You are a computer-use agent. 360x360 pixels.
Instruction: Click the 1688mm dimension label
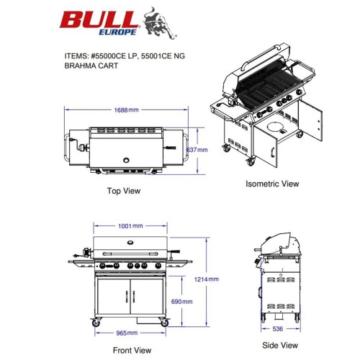pyautogui.click(x=126, y=110)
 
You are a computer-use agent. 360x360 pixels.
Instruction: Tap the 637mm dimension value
pyautogui.click(x=197, y=150)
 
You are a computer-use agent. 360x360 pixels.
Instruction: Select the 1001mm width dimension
pyautogui.click(x=130, y=226)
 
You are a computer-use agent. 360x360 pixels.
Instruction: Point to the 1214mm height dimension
pyautogui.click(x=207, y=279)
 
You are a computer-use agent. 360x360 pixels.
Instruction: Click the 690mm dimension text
pyautogui.click(x=181, y=302)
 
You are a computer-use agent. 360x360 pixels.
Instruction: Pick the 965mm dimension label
pyautogui.click(x=127, y=333)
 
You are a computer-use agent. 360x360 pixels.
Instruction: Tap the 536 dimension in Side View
pyautogui.click(x=278, y=329)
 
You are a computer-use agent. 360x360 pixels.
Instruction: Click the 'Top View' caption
pyautogui.click(x=124, y=191)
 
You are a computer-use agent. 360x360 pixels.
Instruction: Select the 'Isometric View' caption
pyautogui.click(x=272, y=184)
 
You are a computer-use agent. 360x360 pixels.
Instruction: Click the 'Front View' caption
pyautogui.click(x=132, y=350)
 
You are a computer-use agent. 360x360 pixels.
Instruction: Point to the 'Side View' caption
pyautogui.click(x=280, y=346)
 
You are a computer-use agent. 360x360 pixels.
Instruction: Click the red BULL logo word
pyautogui.click(x=99, y=19)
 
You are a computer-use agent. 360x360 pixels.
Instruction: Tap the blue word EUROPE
pyautogui.click(x=117, y=32)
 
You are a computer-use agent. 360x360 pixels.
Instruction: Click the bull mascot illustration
pyautogui.click(x=160, y=23)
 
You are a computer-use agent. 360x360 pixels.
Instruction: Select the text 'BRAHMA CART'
pyautogui.click(x=91, y=66)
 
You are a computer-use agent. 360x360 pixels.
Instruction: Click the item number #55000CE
pyautogui.click(x=109, y=56)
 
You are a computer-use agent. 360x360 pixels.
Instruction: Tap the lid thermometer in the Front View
pyautogui.click(x=130, y=243)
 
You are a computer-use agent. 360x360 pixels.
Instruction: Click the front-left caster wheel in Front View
pyautogui.click(x=96, y=323)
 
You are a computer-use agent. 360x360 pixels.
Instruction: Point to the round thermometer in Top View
pyautogui.click(x=126, y=160)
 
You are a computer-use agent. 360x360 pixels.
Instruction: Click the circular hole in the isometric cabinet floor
pyautogui.click(x=276, y=127)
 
